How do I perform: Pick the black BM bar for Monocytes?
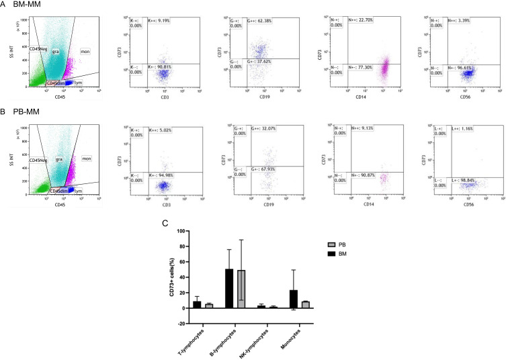(x=294, y=299)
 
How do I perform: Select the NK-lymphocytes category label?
(x=259, y=336)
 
